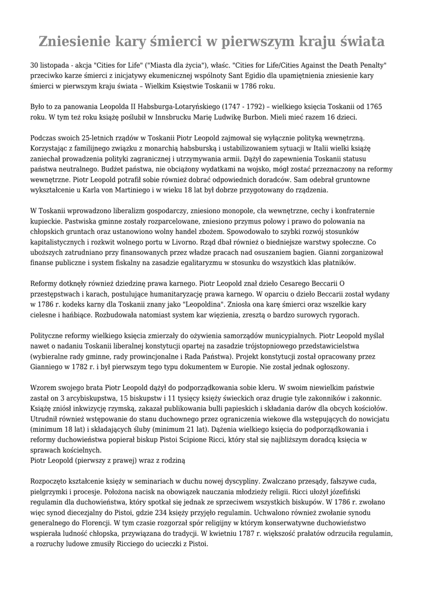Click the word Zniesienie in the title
pyautogui.click(x=74, y=42)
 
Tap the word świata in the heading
pyautogui.click(x=361, y=42)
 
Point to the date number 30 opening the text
pyautogui.click(x=35, y=64)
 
